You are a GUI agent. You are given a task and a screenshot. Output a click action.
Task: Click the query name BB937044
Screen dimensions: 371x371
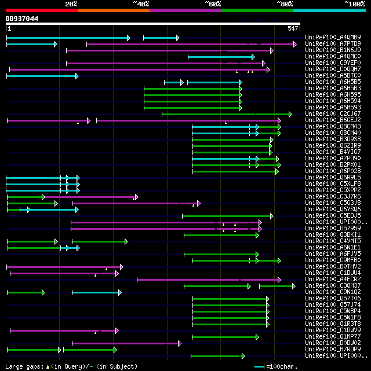coord(22,19)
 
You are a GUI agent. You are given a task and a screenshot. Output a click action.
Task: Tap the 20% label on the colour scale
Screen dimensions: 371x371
coord(71,4)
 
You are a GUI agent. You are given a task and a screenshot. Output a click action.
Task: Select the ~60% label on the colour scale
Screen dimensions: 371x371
coord(213,4)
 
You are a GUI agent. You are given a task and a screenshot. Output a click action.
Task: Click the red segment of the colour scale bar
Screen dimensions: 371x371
coord(41,10)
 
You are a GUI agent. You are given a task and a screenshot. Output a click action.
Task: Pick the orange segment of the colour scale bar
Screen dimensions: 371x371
coord(113,10)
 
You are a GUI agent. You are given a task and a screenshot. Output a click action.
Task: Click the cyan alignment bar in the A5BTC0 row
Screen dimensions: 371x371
coord(41,76)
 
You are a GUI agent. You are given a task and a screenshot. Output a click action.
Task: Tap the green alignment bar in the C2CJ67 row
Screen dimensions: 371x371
coord(226,114)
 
